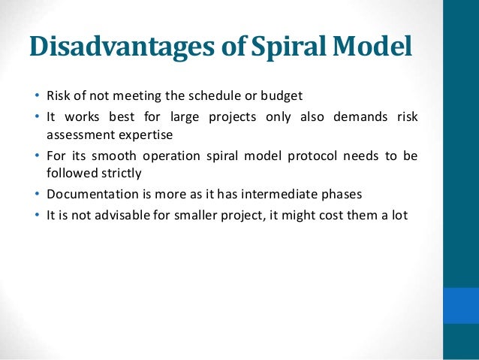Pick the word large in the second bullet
tap(176, 118)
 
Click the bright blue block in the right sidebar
tap(461, 305)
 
